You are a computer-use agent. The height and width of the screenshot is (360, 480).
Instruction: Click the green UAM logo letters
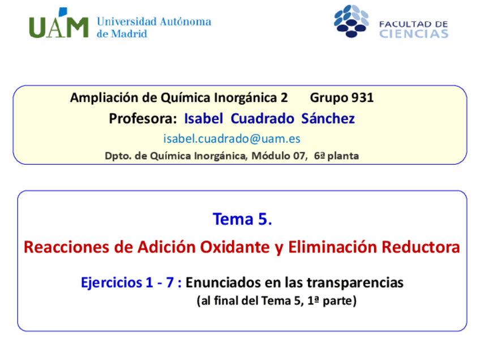pos(59,24)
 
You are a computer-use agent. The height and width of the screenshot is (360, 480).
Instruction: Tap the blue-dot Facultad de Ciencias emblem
pos(351,21)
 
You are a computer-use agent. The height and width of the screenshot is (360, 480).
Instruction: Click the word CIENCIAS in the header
pos(414,33)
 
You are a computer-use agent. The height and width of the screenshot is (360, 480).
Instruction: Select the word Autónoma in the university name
pos(186,22)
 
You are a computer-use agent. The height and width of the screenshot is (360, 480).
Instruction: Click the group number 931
pos(362,98)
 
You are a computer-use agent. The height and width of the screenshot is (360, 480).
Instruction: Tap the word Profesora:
pos(143,118)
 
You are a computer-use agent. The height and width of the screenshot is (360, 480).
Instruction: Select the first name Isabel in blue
pos(204,118)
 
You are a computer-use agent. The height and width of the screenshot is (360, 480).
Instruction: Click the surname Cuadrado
pos(262,118)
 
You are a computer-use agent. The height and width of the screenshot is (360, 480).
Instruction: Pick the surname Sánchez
pos(328,118)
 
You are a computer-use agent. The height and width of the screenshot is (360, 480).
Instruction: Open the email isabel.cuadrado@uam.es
pos(232,139)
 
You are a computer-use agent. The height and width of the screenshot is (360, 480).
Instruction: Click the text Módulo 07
pos(278,156)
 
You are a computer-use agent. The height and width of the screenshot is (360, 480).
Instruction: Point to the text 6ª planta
pos(336,156)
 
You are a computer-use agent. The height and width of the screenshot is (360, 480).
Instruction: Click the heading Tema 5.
pos(242,219)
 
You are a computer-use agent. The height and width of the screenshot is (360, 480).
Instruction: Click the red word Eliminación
pos(333,247)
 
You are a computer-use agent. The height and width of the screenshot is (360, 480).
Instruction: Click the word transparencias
pos(355,282)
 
